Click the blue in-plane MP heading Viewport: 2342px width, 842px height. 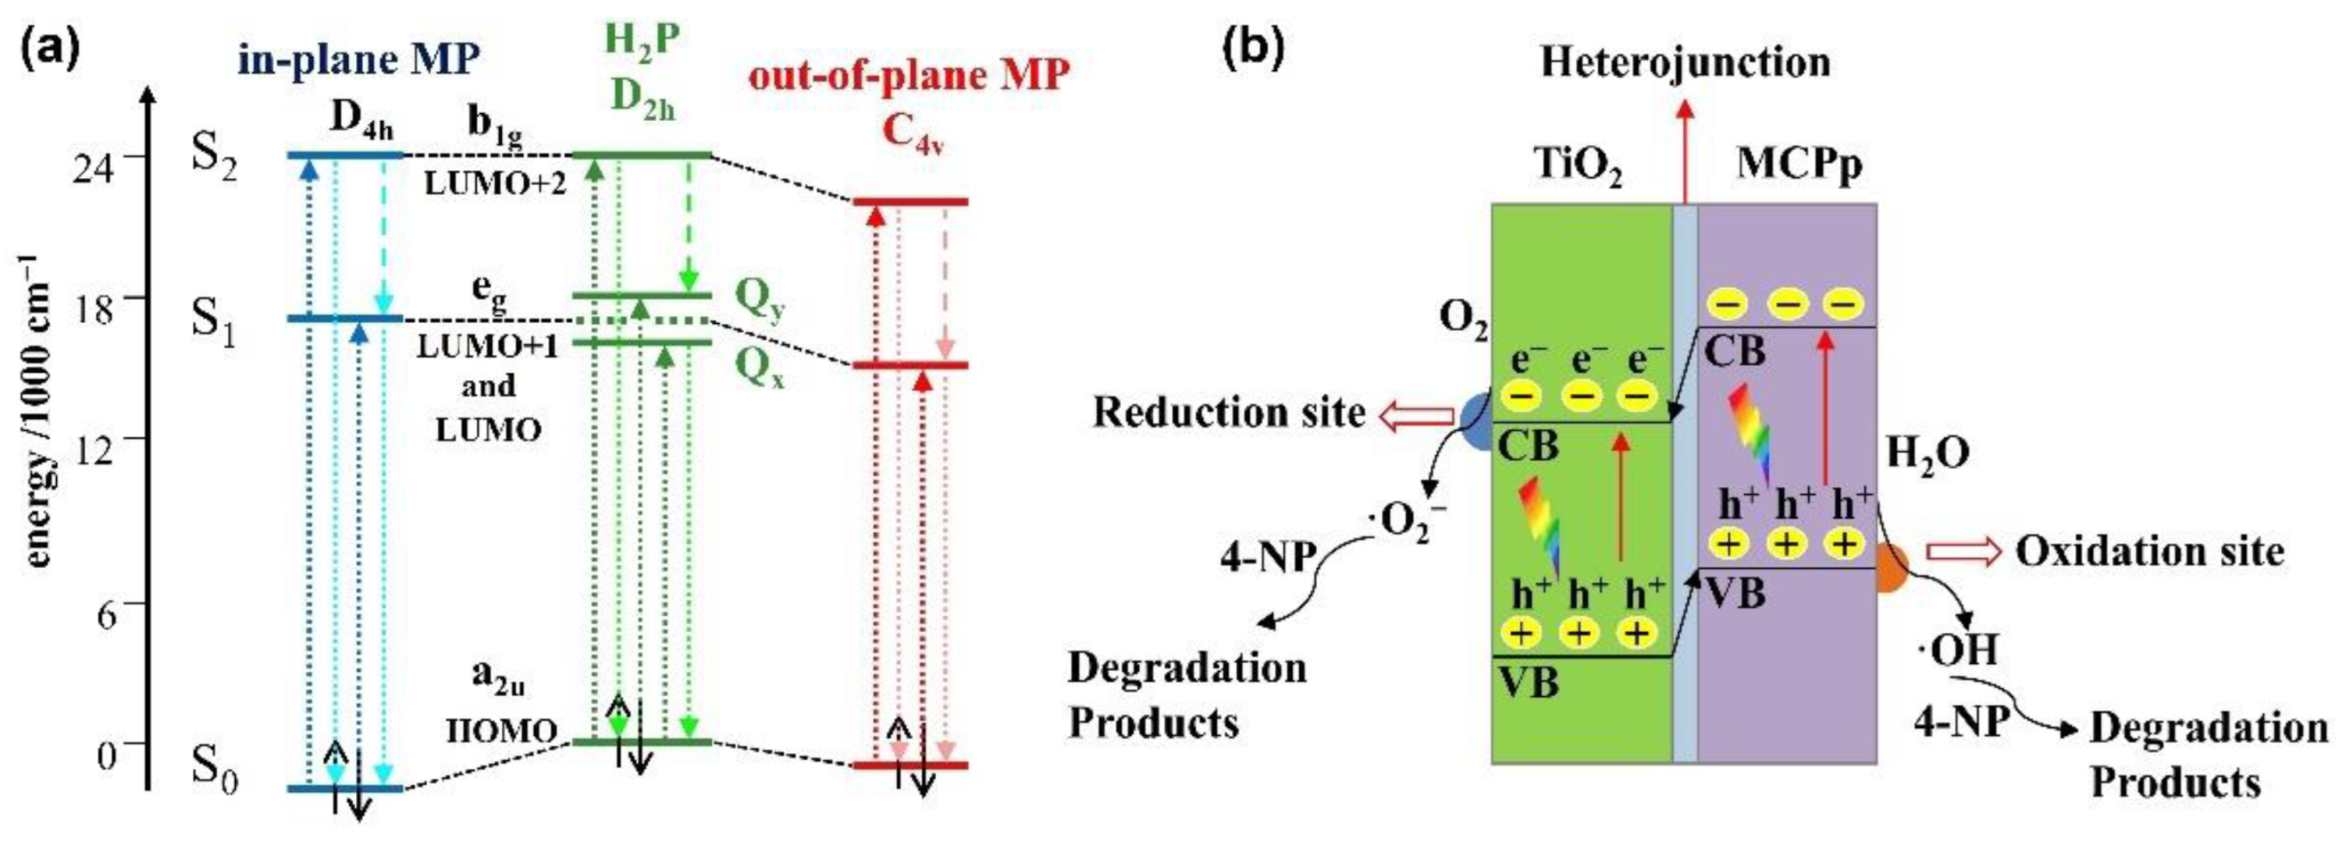(359, 60)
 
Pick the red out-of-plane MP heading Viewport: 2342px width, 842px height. (908, 75)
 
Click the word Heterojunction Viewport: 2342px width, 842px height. (1684, 61)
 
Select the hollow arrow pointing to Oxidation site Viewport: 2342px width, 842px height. (1964, 552)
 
